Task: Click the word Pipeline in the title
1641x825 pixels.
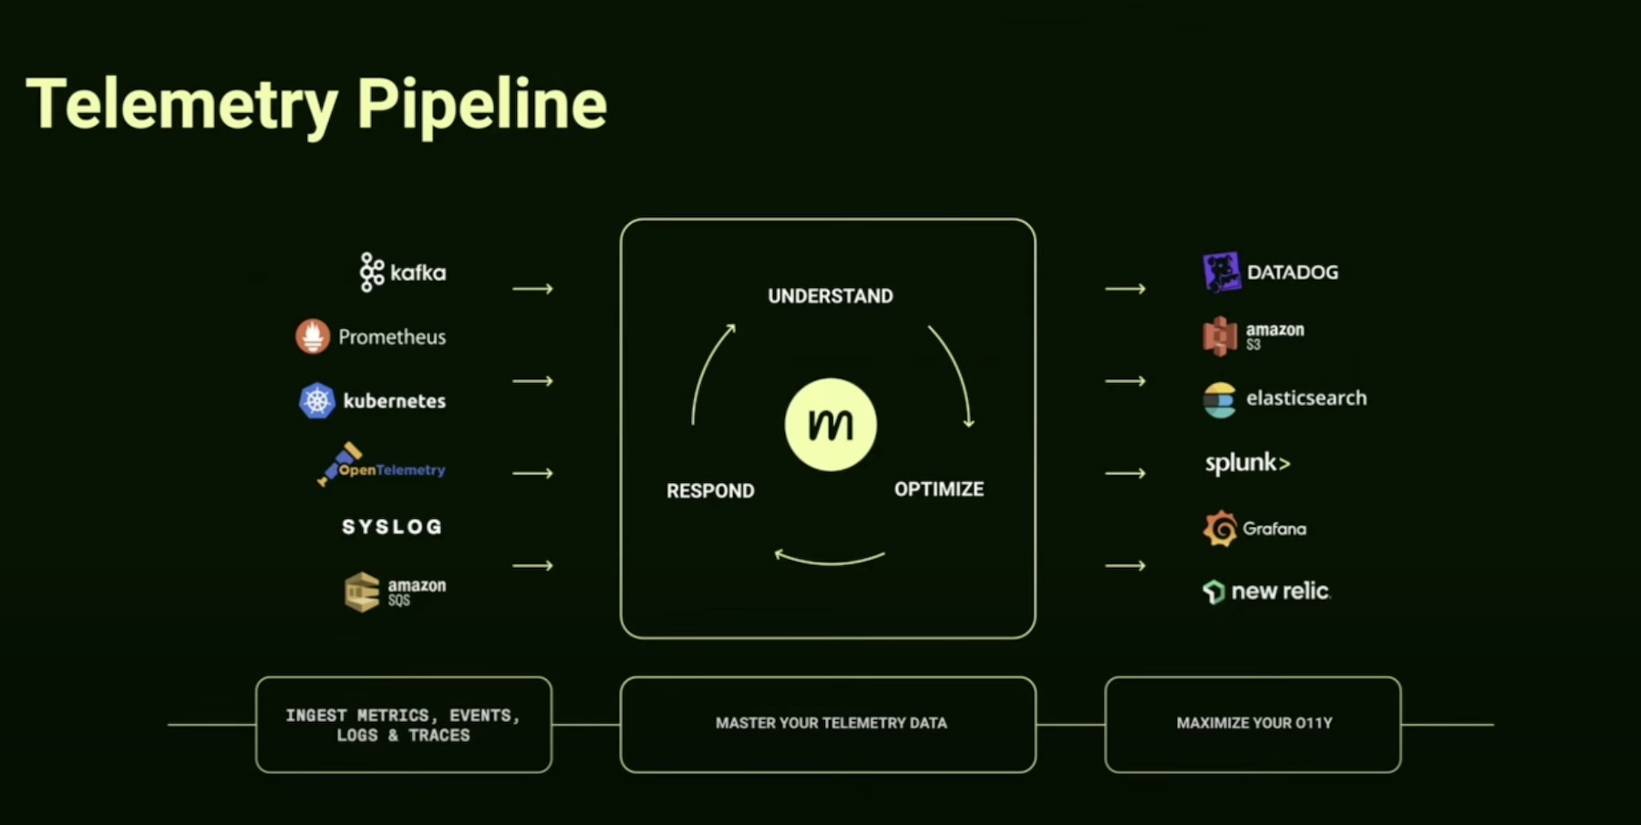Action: pyautogui.click(x=481, y=105)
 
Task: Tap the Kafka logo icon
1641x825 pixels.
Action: pyautogui.click(x=371, y=272)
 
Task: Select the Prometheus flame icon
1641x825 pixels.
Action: pyautogui.click(x=313, y=336)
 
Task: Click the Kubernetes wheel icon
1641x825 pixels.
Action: pyautogui.click(x=317, y=400)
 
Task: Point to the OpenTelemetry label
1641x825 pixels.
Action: pyautogui.click(x=391, y=469)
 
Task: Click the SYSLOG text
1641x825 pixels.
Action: pyautogui.click(x=392, y=527)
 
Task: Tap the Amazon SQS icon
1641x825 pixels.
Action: pyautogui.click(x=362, y=592)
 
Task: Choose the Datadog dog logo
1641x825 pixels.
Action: pyautogui.click(x=1222, y=272)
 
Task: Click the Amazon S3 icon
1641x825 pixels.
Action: pyautogui.click(x=1220, y=335)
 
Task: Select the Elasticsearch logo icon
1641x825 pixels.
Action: pyautogui.click(x=1220, y=399)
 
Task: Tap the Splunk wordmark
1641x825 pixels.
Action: pyautogui.click(x=1247, y=463)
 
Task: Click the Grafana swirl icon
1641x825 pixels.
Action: pyautogui.click(x=1220, y=529)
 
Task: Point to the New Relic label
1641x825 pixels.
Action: pyautogui.click(x=1280, y=592)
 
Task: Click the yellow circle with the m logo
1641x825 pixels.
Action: pyautogui.click(x=831, y=425)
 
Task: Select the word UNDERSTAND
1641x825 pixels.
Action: pyautogui.click(x=831, y=296)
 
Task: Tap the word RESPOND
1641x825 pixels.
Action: pyautogui.click(x=710, y=491)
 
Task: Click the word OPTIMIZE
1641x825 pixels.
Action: pyautogui.click(x=939, y=490)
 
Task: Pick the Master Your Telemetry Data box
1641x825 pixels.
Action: pyautogui.click(x=828, y=724)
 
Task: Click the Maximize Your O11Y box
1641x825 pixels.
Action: pyautogui.click(x=1253, y=724)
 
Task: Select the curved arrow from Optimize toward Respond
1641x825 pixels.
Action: pyautogui.click(x=830, y=559)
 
